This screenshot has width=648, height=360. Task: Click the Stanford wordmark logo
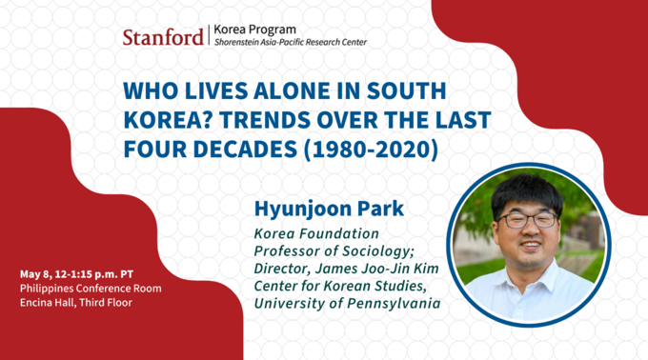pyautogui.click(x=162, y=37)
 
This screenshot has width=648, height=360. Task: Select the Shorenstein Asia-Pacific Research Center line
pyautogui.click(x=290, y=43)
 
